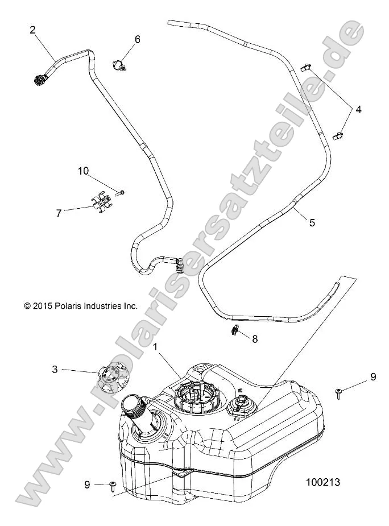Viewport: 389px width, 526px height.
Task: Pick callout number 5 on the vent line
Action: point(312,223)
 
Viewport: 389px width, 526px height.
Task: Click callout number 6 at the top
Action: point(137,39)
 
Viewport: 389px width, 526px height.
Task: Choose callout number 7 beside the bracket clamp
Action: point(59,213)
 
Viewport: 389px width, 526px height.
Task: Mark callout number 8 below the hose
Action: point(255,339)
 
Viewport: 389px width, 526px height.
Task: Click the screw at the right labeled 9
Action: point(340,393)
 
